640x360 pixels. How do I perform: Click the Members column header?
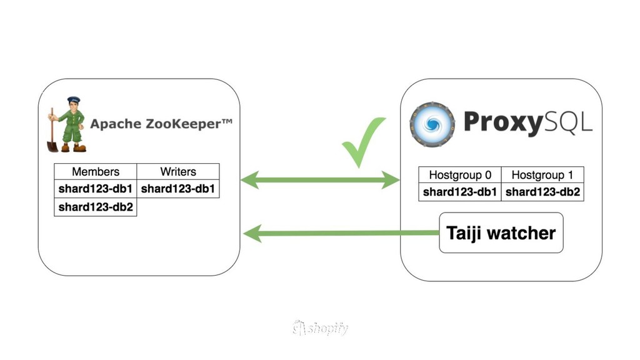pos(96,171)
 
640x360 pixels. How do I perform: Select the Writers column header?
pos(178,171)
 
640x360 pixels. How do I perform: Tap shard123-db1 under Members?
pos(96,188)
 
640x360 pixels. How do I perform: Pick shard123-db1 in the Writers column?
pos(178,188)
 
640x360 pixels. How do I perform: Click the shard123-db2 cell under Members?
pos(96,207)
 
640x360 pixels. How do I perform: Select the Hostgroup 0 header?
pos(460,175)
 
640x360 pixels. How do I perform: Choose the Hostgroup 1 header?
pos(542,175)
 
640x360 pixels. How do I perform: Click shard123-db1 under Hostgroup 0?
pos(460,192)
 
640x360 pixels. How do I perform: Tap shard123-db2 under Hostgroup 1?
pos(542,192)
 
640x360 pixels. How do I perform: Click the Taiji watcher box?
pos(501,233)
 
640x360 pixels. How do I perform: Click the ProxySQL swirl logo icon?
pos(432,124)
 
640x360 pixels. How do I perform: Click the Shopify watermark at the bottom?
pos(320,328)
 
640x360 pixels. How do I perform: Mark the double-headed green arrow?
pos(320,181)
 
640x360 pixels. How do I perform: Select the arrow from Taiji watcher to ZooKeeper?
pos(341,234)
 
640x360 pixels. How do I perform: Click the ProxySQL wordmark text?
pos(527,122)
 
